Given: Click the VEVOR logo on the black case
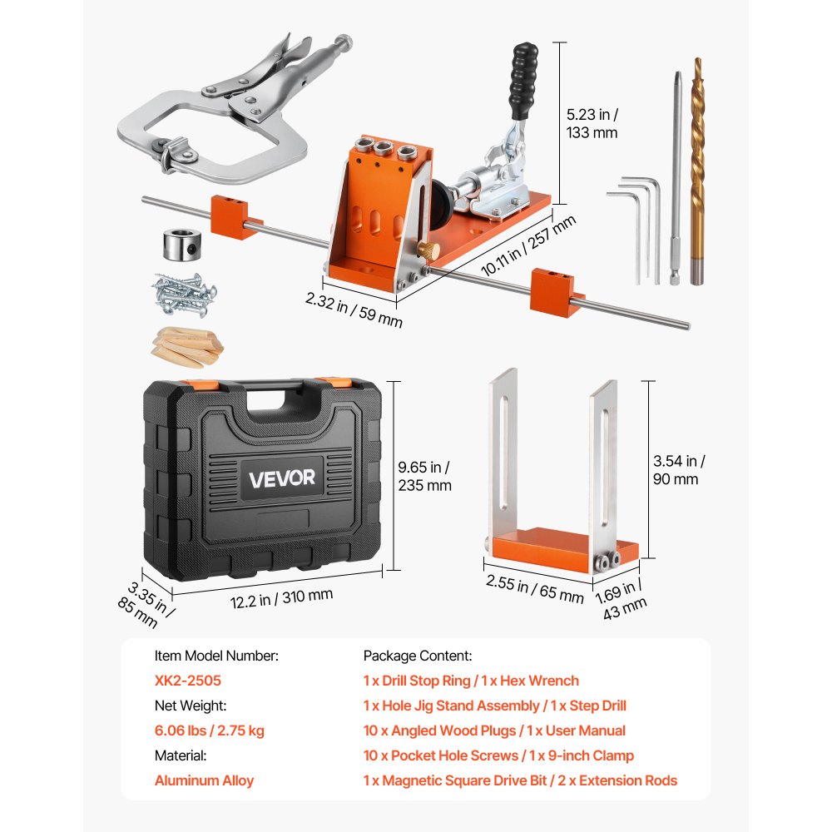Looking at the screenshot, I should [x=280, y=478].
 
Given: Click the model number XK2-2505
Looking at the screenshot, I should [x=188, y=681].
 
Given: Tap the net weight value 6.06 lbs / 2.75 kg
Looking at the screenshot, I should [x=210, y=730].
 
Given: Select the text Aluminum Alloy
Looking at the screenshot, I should [x=204, y=780].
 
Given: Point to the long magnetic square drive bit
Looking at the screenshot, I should [x=675, y=175].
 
